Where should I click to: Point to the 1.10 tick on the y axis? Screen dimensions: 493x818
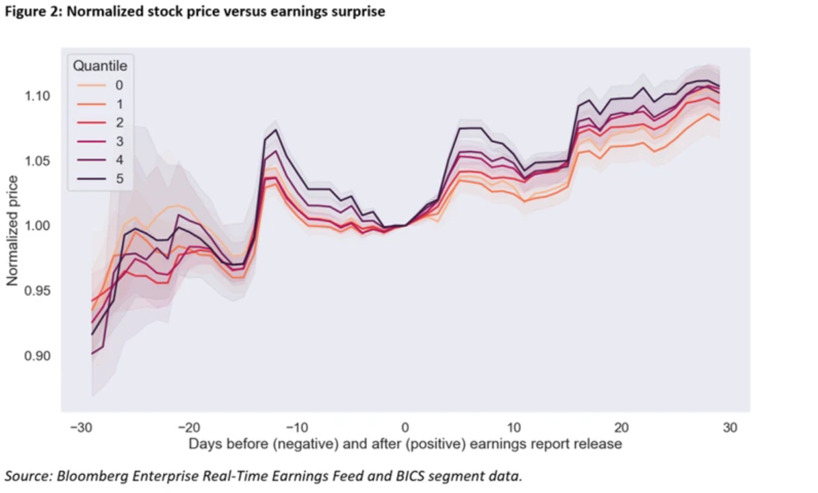[x=39, y=96]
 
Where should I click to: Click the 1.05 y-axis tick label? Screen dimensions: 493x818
[x=39, y=161]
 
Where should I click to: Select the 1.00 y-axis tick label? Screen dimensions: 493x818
[x=39, y=226]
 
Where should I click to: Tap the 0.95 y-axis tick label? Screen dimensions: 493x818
[x=39, y=291]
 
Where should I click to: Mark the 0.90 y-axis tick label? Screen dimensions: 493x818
[x=39, y=356]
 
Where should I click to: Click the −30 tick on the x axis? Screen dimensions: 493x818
[x=81, y=428]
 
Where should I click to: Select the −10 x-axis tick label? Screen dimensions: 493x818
[x=298, y=428]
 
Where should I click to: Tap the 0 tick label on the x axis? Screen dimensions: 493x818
[x=405, y=428]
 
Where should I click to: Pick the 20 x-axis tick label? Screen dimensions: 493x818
[x=622, y=428]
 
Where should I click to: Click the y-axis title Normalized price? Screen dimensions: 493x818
[x=13, y=230]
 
